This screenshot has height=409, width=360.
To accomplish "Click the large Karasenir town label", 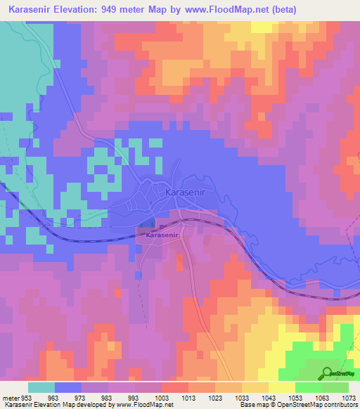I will click(186, 191).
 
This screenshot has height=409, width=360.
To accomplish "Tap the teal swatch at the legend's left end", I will click(41, 387).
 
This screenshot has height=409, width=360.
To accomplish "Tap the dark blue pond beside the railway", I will click(145, 223).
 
